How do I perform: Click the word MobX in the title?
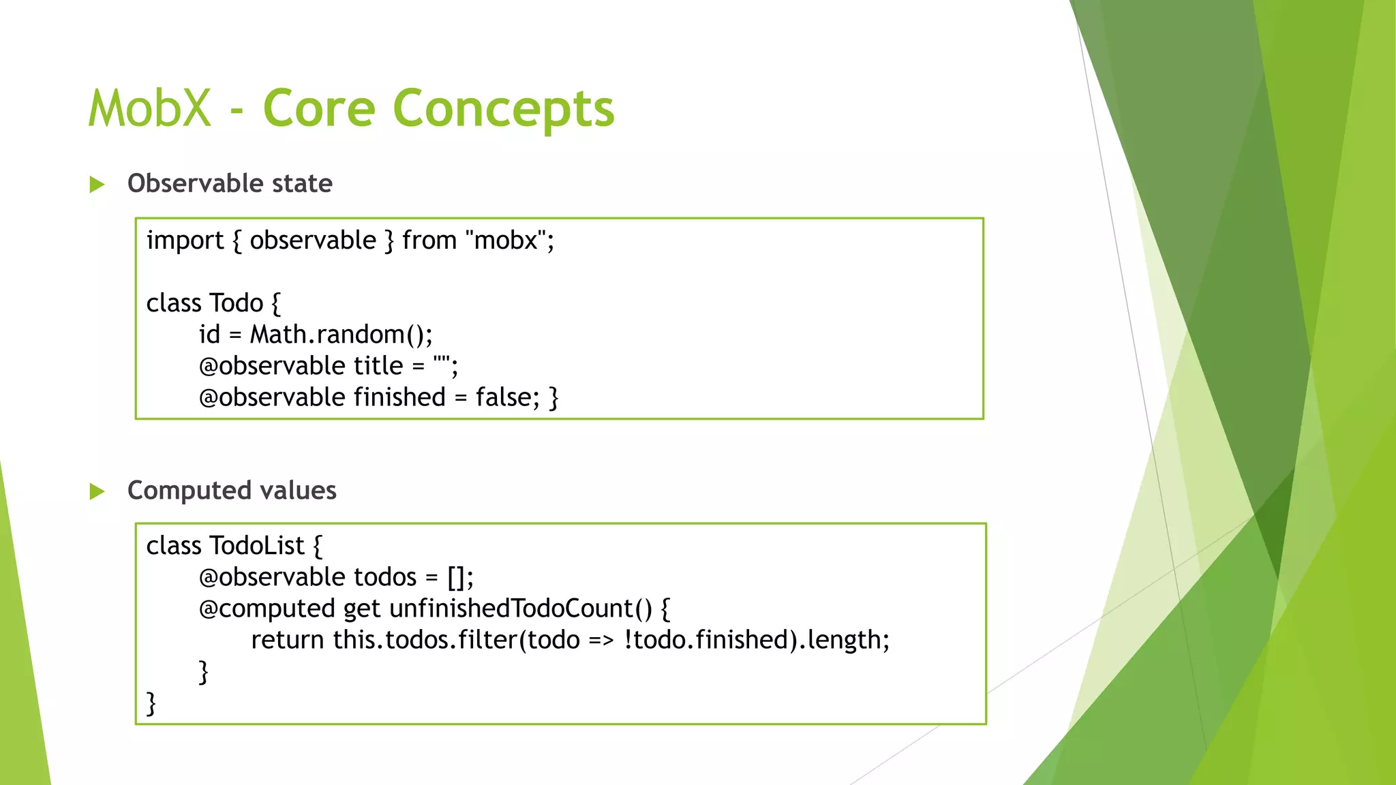coord(150,109)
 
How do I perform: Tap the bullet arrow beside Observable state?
coord(97,185)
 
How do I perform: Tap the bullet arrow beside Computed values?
coord(97,491)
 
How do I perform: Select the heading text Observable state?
coord(230,183)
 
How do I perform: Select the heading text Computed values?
coord(232,491)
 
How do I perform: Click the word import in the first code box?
coord(185,241)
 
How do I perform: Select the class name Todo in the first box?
coord(236,303)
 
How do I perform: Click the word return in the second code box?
coord(287,641)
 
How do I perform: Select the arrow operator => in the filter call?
coord(601,641)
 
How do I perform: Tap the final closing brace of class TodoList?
coord(151,703)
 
